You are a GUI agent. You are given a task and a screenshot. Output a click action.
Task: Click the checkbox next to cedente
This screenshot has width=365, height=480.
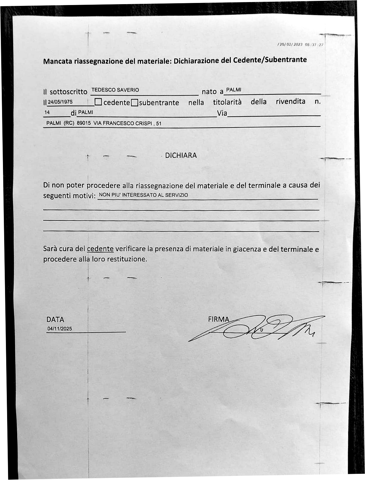coord(98,102)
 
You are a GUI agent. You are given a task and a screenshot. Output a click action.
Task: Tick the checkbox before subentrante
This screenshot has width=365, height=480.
coord(135,103)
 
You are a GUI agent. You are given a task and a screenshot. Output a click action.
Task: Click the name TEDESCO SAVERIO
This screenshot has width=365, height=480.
coord(115,90)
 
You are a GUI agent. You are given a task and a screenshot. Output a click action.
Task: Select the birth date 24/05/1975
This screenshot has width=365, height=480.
coord(60,102)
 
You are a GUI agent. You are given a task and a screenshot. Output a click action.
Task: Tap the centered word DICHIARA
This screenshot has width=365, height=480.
coord(181,155)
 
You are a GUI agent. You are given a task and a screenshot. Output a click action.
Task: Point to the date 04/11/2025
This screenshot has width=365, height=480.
coord(60,329)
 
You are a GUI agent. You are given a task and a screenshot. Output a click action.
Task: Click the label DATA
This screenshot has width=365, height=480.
coord(55,320)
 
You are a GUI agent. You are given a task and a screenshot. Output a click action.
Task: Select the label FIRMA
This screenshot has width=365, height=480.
coord(219,319)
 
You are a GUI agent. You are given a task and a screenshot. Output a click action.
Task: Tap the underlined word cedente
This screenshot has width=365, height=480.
coord(100,249)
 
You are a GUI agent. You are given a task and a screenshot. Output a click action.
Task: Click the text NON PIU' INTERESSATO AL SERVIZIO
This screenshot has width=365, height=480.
coord(143,195)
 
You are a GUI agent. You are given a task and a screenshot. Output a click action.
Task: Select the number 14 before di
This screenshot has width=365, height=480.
coord(47,112)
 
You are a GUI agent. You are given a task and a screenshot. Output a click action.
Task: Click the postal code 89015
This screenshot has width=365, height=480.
coord(84,123)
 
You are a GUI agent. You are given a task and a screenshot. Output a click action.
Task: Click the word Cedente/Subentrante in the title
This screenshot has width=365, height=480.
coord(270,60)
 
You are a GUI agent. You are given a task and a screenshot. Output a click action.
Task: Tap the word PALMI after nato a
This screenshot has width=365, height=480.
coord(234,90)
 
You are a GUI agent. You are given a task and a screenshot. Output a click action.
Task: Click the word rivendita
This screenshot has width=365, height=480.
coord(290,102)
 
